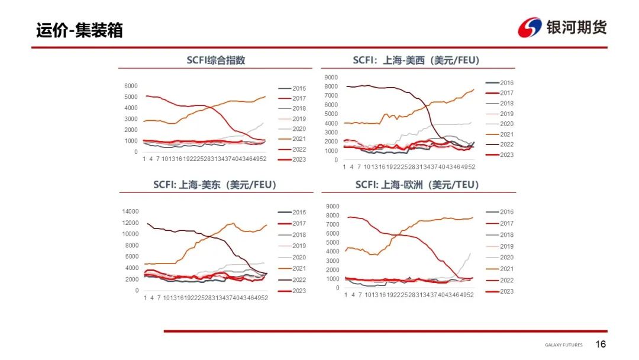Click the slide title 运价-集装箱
click(x=79, y=30)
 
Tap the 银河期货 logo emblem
click(x=530, y=27)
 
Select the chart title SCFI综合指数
click(x=215, y=60)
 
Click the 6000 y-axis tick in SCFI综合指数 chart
click(x=131, y=86)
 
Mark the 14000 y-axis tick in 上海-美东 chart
click(x=130, y=211)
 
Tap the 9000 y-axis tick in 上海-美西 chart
click(x=331, y=77)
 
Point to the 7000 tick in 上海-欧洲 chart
click(x=333, y=224)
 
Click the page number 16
click(x=601, y=345)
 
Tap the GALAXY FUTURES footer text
click(x=563, y=345)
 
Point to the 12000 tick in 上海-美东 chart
click(x=130, y=223)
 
